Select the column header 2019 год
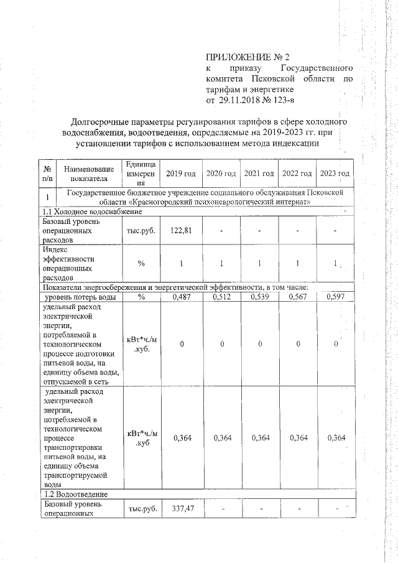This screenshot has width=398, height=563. pyautogui.click(x=181, y=172)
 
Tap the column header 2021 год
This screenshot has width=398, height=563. pyautogui.click(x=259, y=172)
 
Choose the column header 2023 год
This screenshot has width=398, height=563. pyautogui.click(x=335, y=172)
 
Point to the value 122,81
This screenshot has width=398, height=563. pyautogui.click(x=181, y=230)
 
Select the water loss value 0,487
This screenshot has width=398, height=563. pyautogui.click(x=181, y=297)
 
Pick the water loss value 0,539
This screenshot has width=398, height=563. pyautogui.click(x=259, y=297)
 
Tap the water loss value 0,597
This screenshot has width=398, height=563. pyautogui.click(x=335, y=297)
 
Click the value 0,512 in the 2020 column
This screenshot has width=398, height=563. pyautogui.click(x=220, y=297)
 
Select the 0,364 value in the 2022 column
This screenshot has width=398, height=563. pyautogui.click(x=298, y=438)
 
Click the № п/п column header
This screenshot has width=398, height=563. pyautogui.click(x=47, y=172)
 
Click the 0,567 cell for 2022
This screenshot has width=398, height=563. pyautogui.click(x=298, y=297)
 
